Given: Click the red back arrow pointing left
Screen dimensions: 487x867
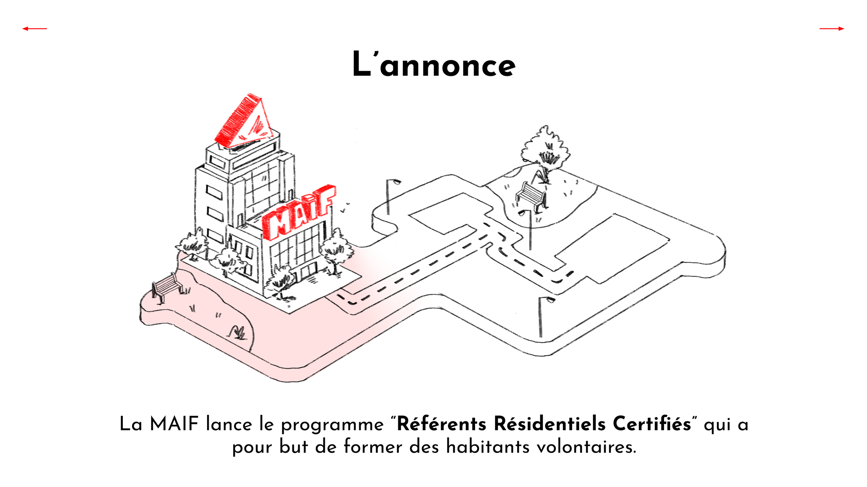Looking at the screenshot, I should coord(34,29).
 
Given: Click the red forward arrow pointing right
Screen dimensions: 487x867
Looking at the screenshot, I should coord(832,29).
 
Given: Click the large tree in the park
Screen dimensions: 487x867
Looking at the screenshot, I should coord(546,151).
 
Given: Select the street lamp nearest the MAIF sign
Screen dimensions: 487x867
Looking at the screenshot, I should coord(390,196).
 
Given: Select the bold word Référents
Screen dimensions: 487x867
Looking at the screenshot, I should coord(441,424).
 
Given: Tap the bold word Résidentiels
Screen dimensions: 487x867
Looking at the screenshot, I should coord(550,424).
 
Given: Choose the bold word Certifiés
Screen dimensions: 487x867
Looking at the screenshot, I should coord(652,424).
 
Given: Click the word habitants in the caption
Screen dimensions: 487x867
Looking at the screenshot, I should coord(488,447).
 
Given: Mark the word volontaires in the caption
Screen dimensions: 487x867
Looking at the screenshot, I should coord(586,447).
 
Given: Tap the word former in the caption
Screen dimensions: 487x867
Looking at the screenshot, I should coord(373,447).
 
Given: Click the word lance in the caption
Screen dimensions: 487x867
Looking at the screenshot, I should coord(229,424).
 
